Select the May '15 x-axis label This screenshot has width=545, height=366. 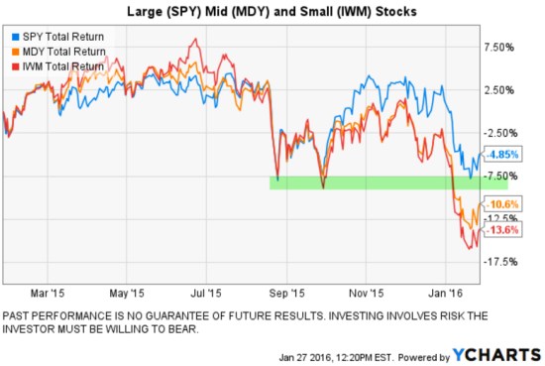[x=127, y=294]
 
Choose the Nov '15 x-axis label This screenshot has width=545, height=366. [x=367, y=294]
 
